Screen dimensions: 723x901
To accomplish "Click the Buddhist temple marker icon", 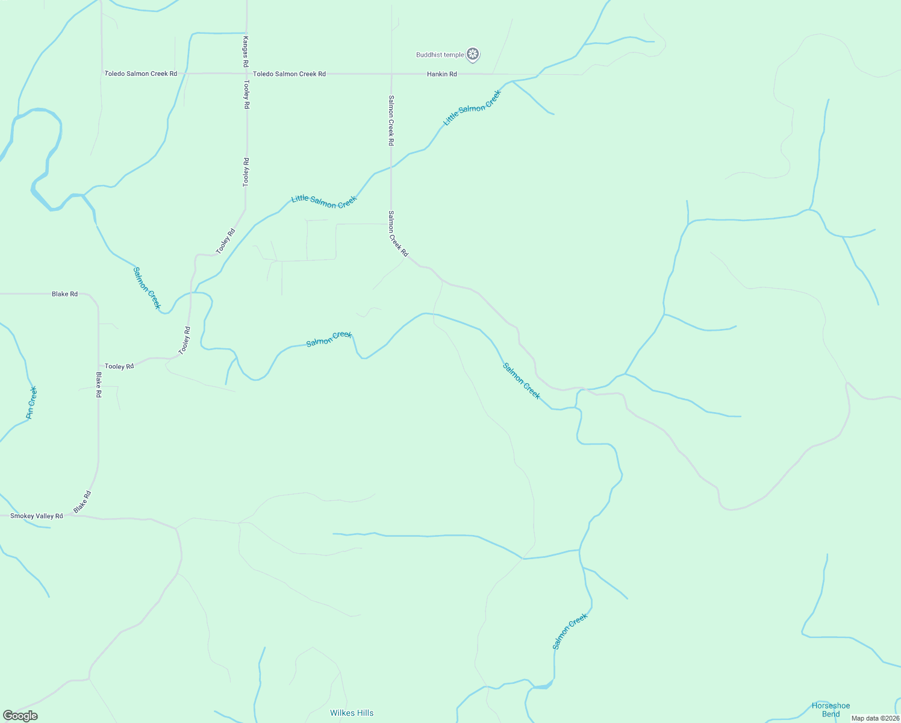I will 473,55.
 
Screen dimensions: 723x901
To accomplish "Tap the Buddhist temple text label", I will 440,55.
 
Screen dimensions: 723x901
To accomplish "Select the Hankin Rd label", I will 441,74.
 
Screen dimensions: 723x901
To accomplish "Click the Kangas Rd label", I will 246,51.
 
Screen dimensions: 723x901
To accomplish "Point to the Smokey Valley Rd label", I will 37,516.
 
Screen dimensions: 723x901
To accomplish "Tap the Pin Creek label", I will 32,403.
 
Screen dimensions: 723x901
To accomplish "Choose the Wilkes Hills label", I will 352,713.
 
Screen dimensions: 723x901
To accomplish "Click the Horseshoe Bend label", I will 831,710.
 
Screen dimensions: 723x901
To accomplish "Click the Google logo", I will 20,716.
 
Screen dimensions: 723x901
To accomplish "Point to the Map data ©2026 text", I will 874,718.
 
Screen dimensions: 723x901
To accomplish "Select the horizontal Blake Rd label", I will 64,294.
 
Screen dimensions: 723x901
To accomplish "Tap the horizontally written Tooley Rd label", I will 119,366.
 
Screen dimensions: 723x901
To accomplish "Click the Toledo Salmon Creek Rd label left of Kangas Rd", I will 141,74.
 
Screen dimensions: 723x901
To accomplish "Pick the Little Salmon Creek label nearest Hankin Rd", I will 472,108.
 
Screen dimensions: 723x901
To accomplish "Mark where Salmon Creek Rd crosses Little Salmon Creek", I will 391,166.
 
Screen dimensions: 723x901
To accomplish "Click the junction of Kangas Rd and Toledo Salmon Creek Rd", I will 246,74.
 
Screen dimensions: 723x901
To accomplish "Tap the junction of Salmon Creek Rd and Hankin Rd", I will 391,74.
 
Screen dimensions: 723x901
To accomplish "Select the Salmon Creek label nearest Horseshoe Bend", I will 569,631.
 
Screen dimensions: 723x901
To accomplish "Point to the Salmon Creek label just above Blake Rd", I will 147,288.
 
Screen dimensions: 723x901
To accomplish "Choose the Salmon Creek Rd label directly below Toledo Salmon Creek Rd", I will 391,120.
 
